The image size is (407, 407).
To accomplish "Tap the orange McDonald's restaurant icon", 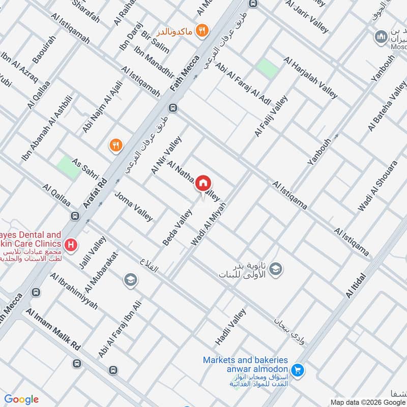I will tap(202, 31).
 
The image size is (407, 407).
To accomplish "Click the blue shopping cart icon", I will tap(298, 370).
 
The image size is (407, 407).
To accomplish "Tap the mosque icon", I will tap(380, 37).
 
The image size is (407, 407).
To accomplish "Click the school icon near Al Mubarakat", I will tap(130, 279).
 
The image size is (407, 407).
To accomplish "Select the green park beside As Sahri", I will tap(68, 167).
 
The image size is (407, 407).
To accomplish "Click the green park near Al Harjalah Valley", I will tap(267, 69).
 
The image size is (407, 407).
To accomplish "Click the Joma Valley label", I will tap(133, 206).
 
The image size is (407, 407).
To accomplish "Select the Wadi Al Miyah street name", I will tap(208, 222).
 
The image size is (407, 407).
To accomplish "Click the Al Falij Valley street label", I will tap(271, 116).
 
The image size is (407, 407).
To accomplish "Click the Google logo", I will tap(21, 399).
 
